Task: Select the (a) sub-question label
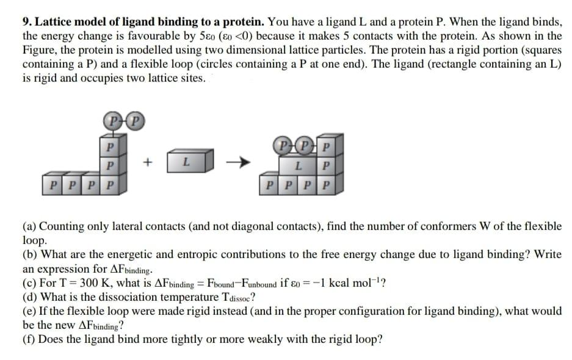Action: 29,226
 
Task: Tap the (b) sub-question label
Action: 29,254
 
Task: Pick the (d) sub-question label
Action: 29,297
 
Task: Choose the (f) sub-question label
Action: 29,339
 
